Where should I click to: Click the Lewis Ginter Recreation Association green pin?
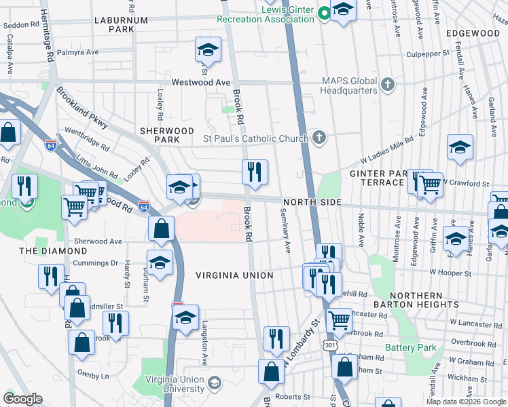(325, 12)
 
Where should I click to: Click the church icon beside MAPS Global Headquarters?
(388, 85)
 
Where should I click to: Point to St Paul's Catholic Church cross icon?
(317, 138)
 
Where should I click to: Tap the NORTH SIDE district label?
(310, 202)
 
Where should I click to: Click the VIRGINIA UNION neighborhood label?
(234, 275)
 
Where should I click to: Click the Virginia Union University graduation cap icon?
(214, 384)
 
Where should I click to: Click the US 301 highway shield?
(330, 345)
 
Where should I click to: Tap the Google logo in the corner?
(23, 399)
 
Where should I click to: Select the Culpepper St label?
(428, 52)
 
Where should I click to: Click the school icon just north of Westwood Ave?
(208, 50)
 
